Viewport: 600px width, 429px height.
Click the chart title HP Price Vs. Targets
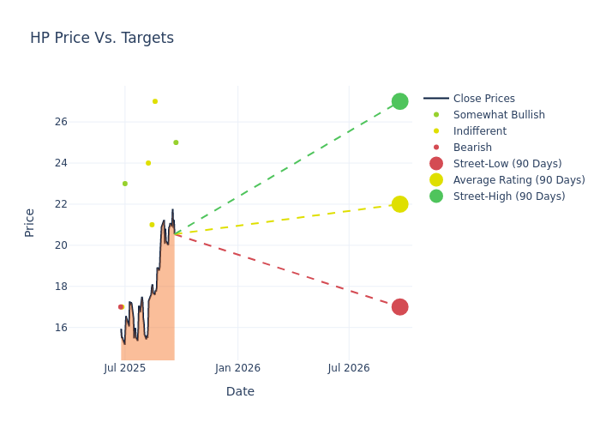(x=102, y=38)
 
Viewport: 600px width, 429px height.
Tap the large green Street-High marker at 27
(x=399, y=101)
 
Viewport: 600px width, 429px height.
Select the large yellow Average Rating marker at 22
(x=399, y=204)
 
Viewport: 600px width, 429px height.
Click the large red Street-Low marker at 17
(x=399, y=307)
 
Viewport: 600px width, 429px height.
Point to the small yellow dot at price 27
(x=155, y=101)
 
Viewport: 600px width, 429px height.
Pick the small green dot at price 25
(x=176, y=142)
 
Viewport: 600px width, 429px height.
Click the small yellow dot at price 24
(x=148, y=163)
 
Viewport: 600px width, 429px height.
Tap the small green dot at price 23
(x=125, y=184)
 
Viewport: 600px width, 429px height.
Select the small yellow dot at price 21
(x=152, y=225)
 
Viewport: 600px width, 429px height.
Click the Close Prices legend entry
(x=483, y=99)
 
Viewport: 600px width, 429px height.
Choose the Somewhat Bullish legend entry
(x=499, y=115)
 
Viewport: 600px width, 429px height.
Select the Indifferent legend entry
(x=479, y=131)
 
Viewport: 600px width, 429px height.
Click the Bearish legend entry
(x=472, y=148)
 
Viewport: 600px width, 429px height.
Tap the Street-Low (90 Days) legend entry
(x=507, y=164)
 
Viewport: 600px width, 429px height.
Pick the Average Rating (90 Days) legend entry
(x=519, y=180)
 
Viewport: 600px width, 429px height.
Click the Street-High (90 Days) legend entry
(x=509, y=196)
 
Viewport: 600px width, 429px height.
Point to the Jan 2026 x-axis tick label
(x=237, y=368)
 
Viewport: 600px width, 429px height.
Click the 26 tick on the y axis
(x=85, y=122)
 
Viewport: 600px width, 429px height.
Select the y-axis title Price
(x=30, y=222)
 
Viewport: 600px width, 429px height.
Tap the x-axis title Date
(x=240, y=391)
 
